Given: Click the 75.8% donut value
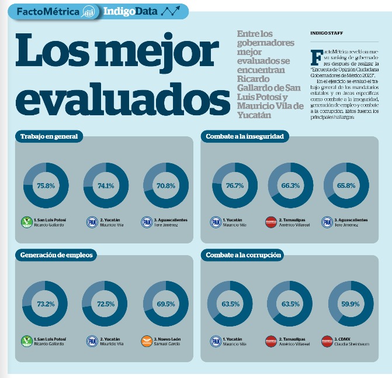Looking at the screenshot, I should [x=46, y=185].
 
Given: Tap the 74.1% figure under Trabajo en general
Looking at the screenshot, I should [x=106, y=185].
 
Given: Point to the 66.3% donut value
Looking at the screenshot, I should [x=290, y=185].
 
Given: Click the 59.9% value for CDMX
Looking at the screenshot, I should [x=351, y=304].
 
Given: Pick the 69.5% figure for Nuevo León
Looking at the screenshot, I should [x=166, y=304].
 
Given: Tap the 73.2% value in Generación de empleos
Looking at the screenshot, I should [x=46, y=304].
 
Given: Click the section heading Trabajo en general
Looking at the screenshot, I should [x=49, y=136].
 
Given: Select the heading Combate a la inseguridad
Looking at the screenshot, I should [x=245, y=136].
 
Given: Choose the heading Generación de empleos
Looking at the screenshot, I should [x=56, y=255].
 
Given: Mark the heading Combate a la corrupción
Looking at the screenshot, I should [x=244, y=255].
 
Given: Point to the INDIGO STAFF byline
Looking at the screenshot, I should [x=327, y=33].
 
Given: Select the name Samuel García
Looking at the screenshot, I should [x=167, y=344].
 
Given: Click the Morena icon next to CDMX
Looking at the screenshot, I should [x=327, y=341].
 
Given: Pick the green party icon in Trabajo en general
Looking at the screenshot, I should [x=26, y=222].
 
